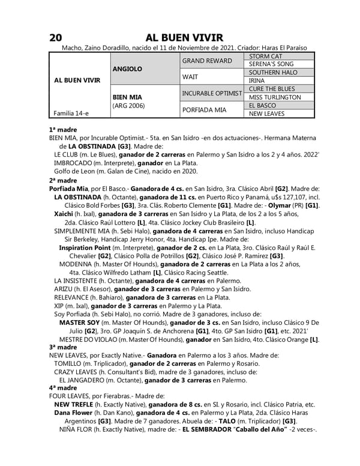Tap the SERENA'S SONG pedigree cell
click(x=271, y=64)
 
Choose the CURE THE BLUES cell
click(x=272, y=89)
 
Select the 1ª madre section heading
click(x=63, y=129)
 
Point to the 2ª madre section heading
click(x=63, y=180)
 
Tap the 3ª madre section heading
click(x=63, y=347)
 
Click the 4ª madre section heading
click(x=63, y=388)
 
